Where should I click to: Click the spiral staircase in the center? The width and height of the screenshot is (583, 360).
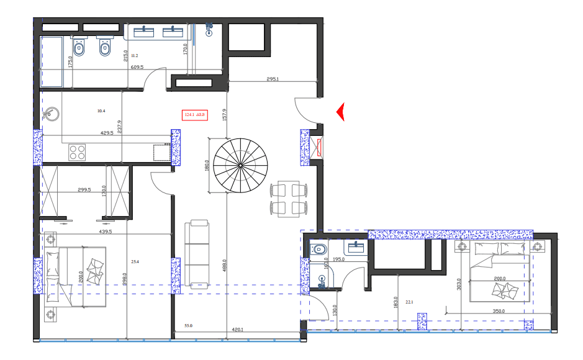(x=241, y=165)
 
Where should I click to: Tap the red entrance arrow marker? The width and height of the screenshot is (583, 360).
(x=340, y=112)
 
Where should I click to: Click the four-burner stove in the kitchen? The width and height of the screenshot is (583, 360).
(x=78, y=152)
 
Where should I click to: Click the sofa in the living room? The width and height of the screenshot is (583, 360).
(x=198, y=251)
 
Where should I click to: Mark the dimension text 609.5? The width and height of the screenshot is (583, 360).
(x=137, y=67)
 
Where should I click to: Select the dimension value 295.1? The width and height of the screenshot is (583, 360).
(x=273, y=79)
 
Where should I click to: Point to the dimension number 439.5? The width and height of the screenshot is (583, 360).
(x=105, y=232)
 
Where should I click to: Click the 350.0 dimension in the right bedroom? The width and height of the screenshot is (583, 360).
(x=498, y=312)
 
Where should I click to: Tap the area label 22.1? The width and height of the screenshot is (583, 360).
(x=409, y=302)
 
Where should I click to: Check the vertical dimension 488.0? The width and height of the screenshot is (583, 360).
(x=224, y=270)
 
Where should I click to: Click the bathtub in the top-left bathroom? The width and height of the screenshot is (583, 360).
(x=52, y=61)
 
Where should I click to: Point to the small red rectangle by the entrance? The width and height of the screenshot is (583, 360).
(x=320, y=148)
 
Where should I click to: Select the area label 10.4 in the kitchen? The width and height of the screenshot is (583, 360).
(x=101, y=111)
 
